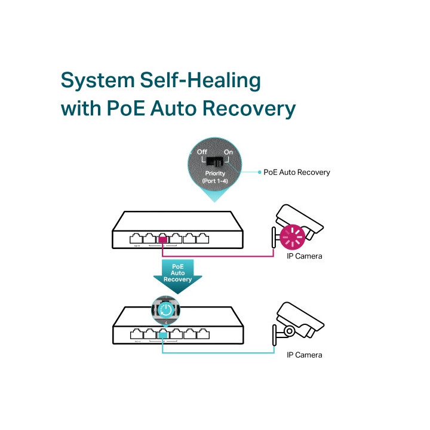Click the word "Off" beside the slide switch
201,152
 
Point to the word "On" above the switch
228,152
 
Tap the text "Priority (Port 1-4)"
215,177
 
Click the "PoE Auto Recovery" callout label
297,172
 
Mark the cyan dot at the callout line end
259,172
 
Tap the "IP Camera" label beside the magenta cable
305,256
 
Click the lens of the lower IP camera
289,330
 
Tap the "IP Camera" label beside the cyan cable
305,355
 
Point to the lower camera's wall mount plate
275,334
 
